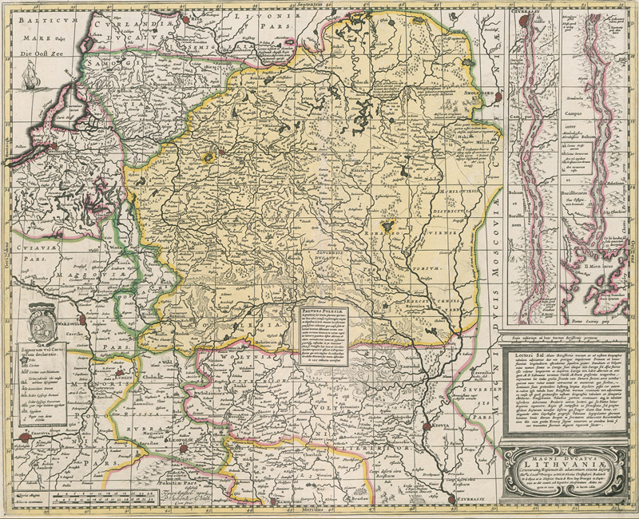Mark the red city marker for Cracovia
tap(26, 436)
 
